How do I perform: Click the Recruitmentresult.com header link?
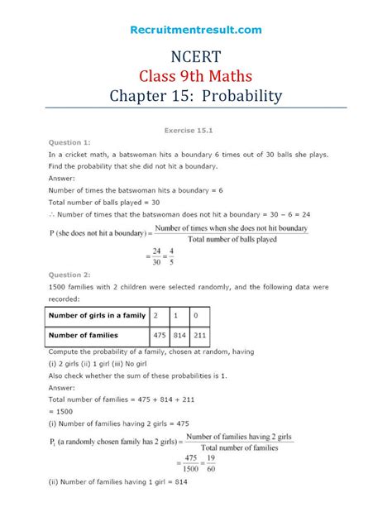[x=196, y=30]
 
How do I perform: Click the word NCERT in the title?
[x=196, y=59]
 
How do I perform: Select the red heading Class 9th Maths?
[x=196, y=78]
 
